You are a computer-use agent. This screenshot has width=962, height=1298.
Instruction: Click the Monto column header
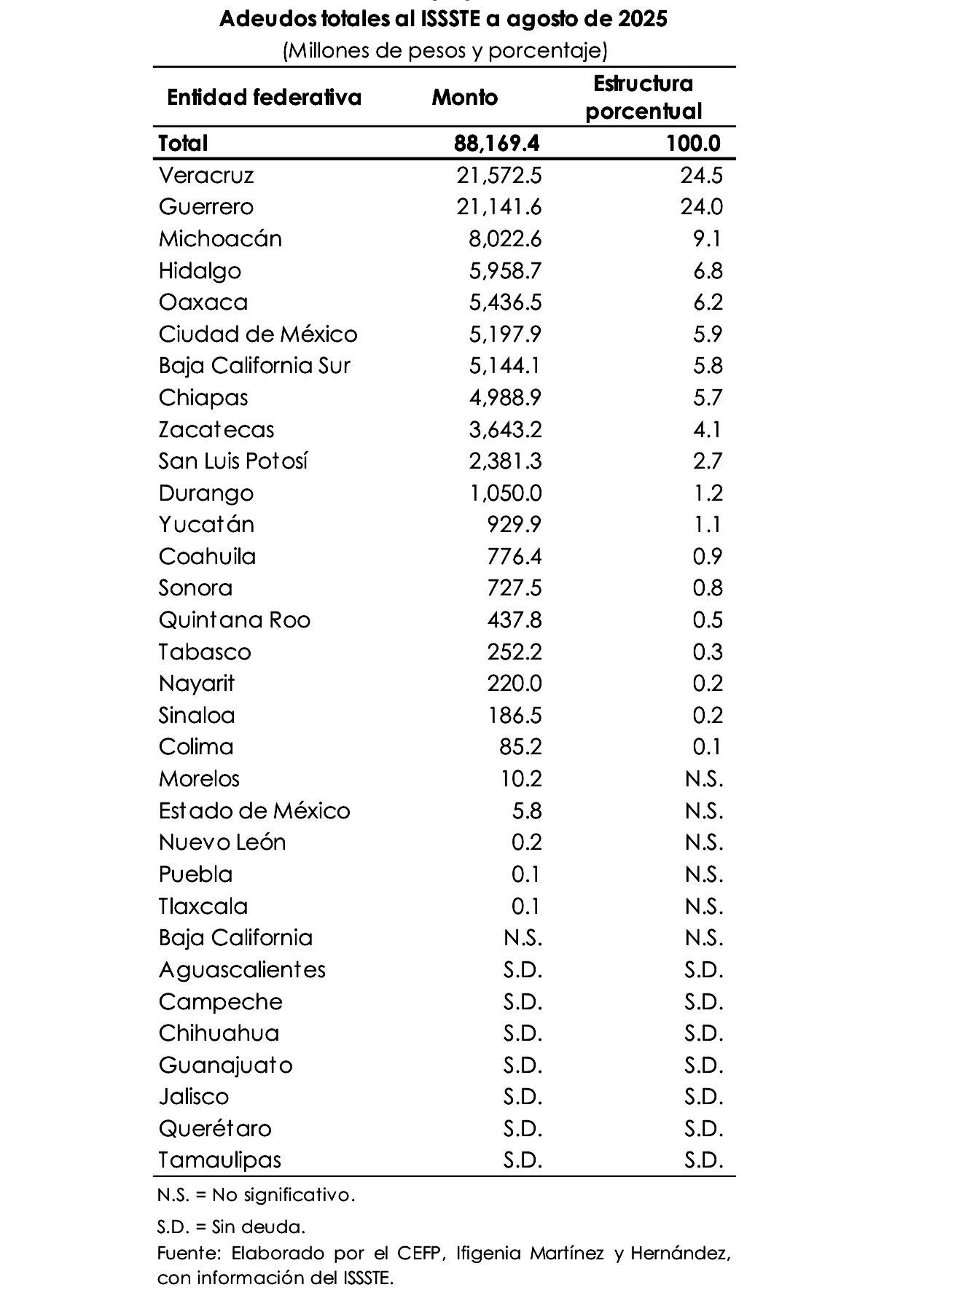click(x=465, y=97)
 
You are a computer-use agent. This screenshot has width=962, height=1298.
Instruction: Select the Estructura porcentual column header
click(x=643, y=97)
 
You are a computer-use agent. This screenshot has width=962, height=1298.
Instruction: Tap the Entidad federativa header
click(x=264, y=97)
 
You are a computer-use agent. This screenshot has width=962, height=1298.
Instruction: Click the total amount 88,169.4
click(x=497, y=143)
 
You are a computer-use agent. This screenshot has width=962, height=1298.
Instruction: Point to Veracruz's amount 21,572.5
click(x=499, y=175)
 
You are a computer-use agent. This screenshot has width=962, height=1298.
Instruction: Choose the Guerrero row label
click(x=206, y=207)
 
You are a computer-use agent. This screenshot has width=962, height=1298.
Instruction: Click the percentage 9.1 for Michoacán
click(x=708, y=239)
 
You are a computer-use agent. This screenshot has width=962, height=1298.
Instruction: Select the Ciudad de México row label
click(x=258, y=335)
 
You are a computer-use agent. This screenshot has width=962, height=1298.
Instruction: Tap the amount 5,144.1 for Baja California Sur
click(x=505, y=366)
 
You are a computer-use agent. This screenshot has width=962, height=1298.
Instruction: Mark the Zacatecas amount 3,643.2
click(x=505, y=429)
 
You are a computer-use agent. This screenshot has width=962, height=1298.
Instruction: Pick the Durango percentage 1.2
click(x=708, y=493)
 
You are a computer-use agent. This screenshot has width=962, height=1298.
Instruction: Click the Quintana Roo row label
click(x=235, y=620)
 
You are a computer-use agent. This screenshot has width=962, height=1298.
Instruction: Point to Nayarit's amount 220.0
click(x=515, y=684)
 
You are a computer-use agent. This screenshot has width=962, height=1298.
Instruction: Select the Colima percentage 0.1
click(x=708, y=747)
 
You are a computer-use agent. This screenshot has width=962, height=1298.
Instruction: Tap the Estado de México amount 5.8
click(x=527, y=811)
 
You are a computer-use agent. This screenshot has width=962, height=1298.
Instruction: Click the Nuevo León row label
click(x=222, y=842)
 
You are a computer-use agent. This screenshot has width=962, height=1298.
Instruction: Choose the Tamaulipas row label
click(x=220, y=1160)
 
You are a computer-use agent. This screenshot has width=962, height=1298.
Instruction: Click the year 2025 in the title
click(x=642, y=18)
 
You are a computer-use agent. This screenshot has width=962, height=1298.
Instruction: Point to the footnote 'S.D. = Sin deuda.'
click(x=231, y=1227)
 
